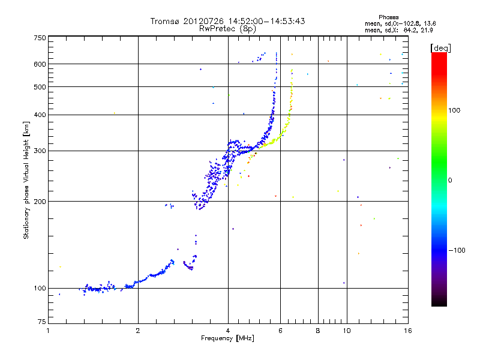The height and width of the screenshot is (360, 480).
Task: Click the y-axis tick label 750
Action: [40, 38]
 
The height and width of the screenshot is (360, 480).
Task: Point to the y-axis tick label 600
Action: [40, 64]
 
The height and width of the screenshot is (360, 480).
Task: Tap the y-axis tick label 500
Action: [40, 87]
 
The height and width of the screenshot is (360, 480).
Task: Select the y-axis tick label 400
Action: [40, 115]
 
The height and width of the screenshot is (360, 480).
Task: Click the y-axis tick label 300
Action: [40, 151]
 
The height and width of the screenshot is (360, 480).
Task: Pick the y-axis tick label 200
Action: [40, 201]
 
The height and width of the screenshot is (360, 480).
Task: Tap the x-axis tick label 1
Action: [48, 331]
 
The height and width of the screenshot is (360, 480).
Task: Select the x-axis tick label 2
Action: [138, 331]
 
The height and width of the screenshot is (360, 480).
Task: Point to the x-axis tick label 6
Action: [281, 331]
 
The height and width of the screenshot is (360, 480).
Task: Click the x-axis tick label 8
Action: [318, 331]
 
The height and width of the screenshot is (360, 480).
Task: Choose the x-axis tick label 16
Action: [407, 331]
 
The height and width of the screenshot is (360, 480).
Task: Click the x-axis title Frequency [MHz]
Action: [228, 339]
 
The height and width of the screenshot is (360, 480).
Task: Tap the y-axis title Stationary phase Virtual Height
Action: [26, 180]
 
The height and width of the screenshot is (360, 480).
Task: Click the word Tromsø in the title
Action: [166, 21]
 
